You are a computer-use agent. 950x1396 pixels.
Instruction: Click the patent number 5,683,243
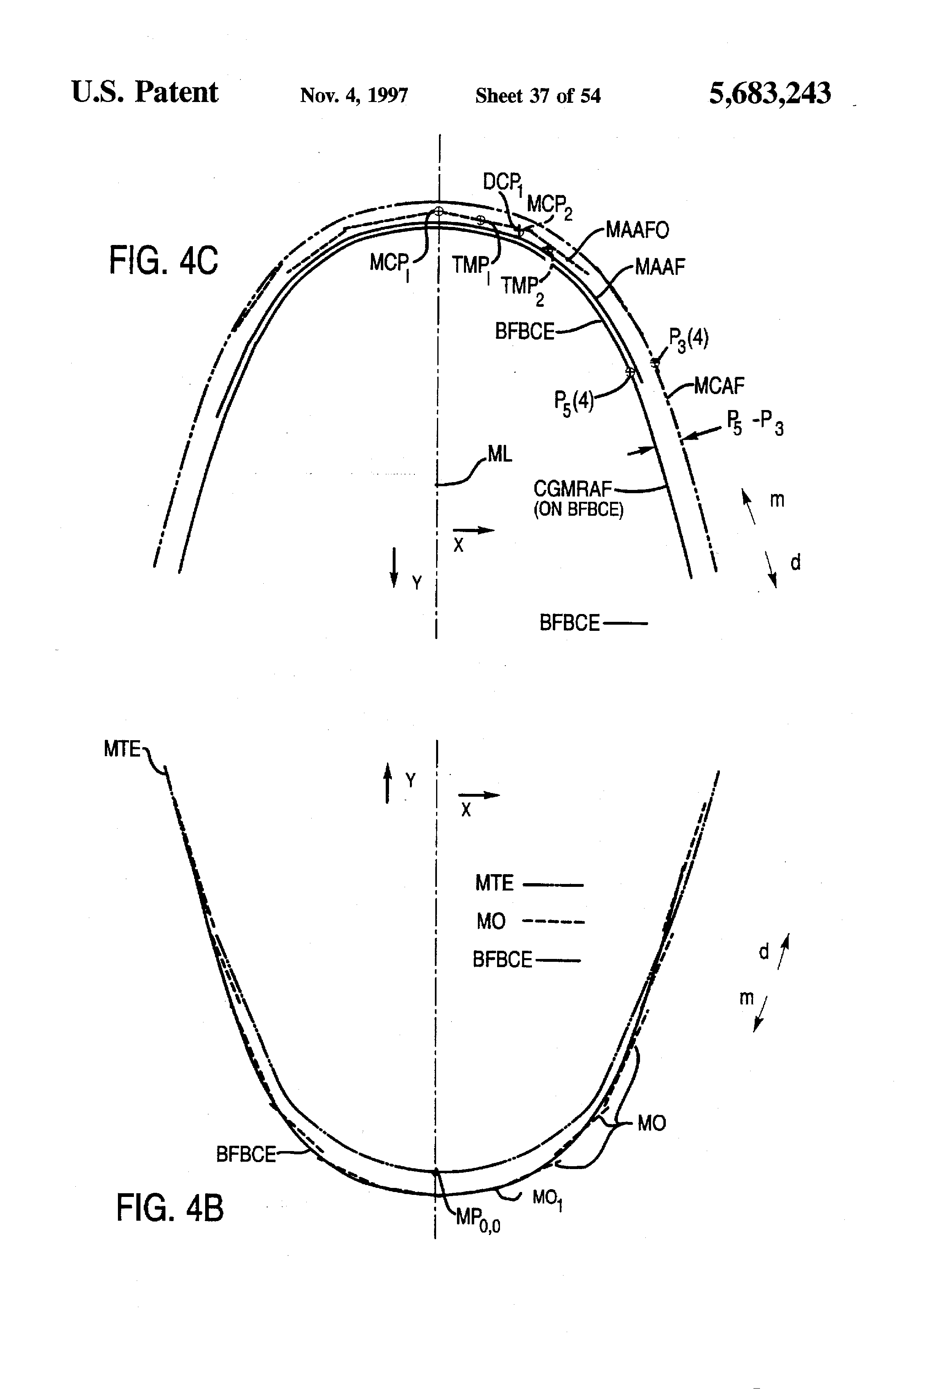point(769,94)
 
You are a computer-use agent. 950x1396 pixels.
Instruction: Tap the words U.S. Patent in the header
point(145,93)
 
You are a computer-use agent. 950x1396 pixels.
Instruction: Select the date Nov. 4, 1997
point(354,95)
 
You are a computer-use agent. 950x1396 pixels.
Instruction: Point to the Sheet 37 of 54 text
point(538,95)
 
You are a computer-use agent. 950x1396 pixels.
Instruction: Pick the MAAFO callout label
point(636,230)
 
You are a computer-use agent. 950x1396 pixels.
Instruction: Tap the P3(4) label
point(688,340)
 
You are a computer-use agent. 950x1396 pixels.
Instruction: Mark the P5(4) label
point(574,401)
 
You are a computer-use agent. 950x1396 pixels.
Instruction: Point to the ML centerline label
point(500,454)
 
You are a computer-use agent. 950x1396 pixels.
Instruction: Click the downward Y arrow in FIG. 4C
point(394,567)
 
